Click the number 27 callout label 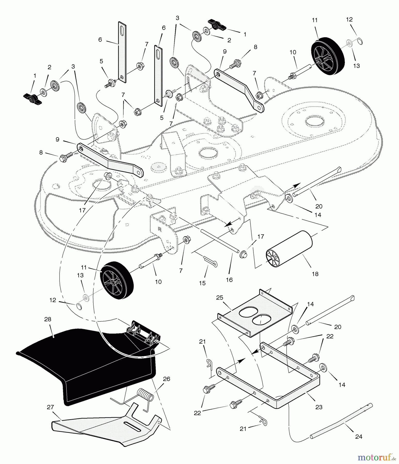point(50,407)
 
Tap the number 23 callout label point(319,407)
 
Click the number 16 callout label point(229,280)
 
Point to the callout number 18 point(315,274)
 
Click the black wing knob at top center point(217,24)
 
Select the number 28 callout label point(48,319)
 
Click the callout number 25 point(219,298)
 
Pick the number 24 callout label point(359,436)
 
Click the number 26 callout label point(167,379)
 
